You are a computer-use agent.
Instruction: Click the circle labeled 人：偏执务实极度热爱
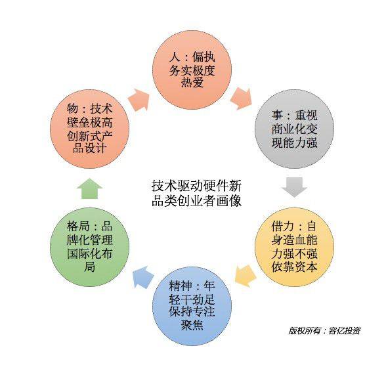192,70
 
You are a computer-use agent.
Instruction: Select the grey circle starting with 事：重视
294,129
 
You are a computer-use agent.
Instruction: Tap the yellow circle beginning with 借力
294,247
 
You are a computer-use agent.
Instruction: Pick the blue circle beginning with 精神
192,306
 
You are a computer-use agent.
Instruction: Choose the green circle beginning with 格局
89,247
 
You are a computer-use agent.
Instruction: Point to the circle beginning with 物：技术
89,129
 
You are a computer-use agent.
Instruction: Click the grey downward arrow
294,187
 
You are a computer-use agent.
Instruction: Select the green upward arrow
89,188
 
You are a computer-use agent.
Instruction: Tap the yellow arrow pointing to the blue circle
246,276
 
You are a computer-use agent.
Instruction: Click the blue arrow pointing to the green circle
143,277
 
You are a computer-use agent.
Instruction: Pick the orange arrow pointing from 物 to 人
139,100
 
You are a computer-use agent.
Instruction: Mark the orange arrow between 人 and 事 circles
242,98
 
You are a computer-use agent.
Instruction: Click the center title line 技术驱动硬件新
196,186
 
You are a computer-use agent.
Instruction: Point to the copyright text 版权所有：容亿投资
324,331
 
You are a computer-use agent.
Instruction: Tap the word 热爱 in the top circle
192,82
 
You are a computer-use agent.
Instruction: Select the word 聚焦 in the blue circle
192,325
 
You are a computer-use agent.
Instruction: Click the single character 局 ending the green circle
89,267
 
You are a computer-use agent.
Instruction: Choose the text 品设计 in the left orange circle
89,148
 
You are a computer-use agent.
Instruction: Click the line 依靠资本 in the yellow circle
294,267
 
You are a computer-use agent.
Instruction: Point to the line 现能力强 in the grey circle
294,142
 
